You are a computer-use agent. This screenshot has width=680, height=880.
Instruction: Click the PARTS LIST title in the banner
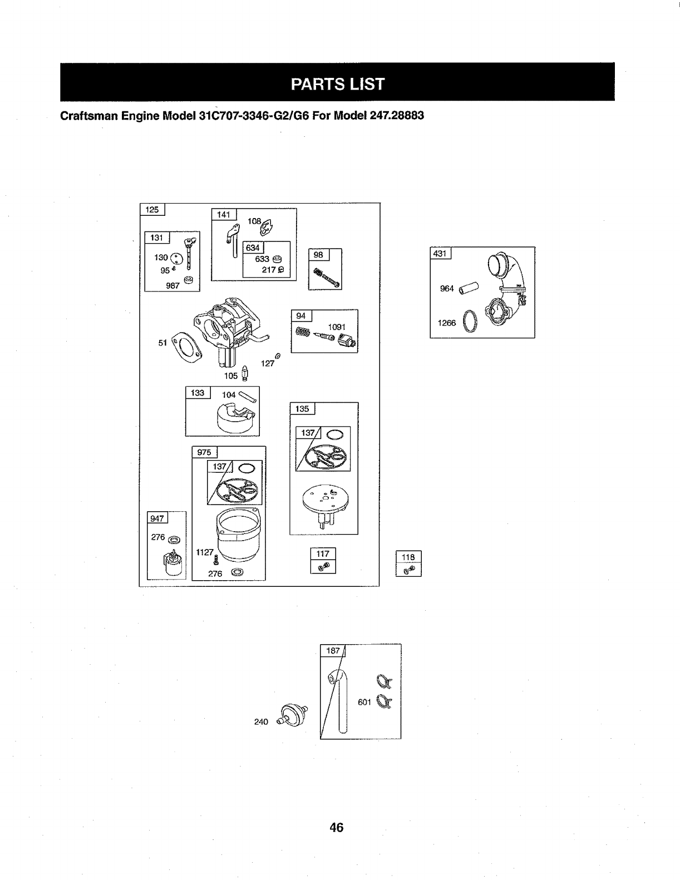pos(337,83)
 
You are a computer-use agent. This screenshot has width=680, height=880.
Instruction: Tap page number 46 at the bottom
pos(336,827)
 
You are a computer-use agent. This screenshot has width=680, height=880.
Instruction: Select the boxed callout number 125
pos(152,210)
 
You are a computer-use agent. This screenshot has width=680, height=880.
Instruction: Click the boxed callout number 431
pos(440,254)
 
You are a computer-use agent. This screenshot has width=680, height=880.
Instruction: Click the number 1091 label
pos(337,327)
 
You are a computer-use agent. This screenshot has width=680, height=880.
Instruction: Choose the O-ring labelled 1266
pos(470,322)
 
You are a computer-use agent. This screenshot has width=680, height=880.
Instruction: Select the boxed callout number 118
pos(408,557)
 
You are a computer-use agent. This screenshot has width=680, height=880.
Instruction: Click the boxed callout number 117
pos(323,553)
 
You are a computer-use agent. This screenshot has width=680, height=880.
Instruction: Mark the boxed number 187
pos(333,651)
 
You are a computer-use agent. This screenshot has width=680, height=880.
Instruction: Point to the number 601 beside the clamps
pos(364,702)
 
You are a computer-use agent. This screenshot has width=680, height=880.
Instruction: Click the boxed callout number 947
pos(157,518)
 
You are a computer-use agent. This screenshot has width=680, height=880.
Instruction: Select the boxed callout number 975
pos(204,452)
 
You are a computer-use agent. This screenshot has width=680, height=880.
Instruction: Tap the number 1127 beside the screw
pos(204,552)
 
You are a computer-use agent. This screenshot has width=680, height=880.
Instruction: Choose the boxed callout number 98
pos(318,255)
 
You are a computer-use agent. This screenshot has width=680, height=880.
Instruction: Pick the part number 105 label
pos(230,375)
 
